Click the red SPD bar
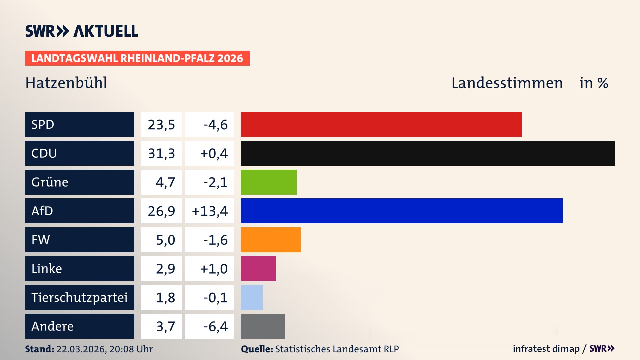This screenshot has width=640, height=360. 381,124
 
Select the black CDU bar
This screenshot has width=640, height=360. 428,153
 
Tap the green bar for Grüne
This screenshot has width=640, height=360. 268,182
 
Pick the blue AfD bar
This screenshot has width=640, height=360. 401,211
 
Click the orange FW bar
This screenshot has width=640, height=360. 270,240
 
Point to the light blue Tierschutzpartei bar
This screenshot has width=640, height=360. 251,297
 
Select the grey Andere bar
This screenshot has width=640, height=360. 263,326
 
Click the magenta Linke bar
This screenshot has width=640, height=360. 258,268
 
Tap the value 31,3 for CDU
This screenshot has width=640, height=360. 161,153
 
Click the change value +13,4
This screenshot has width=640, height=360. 210,211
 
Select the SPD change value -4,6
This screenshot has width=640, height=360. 215,125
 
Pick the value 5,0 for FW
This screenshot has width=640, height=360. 165,240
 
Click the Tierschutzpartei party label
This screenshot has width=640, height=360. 79,297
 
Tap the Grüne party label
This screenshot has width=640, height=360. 50,182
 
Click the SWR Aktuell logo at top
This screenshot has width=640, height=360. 82,31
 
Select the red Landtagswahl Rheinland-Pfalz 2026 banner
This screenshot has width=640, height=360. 137,58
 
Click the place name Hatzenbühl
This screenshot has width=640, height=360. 66,83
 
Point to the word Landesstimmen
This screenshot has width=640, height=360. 507,83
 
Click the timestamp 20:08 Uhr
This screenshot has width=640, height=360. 131,349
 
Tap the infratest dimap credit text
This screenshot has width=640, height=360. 546,349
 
